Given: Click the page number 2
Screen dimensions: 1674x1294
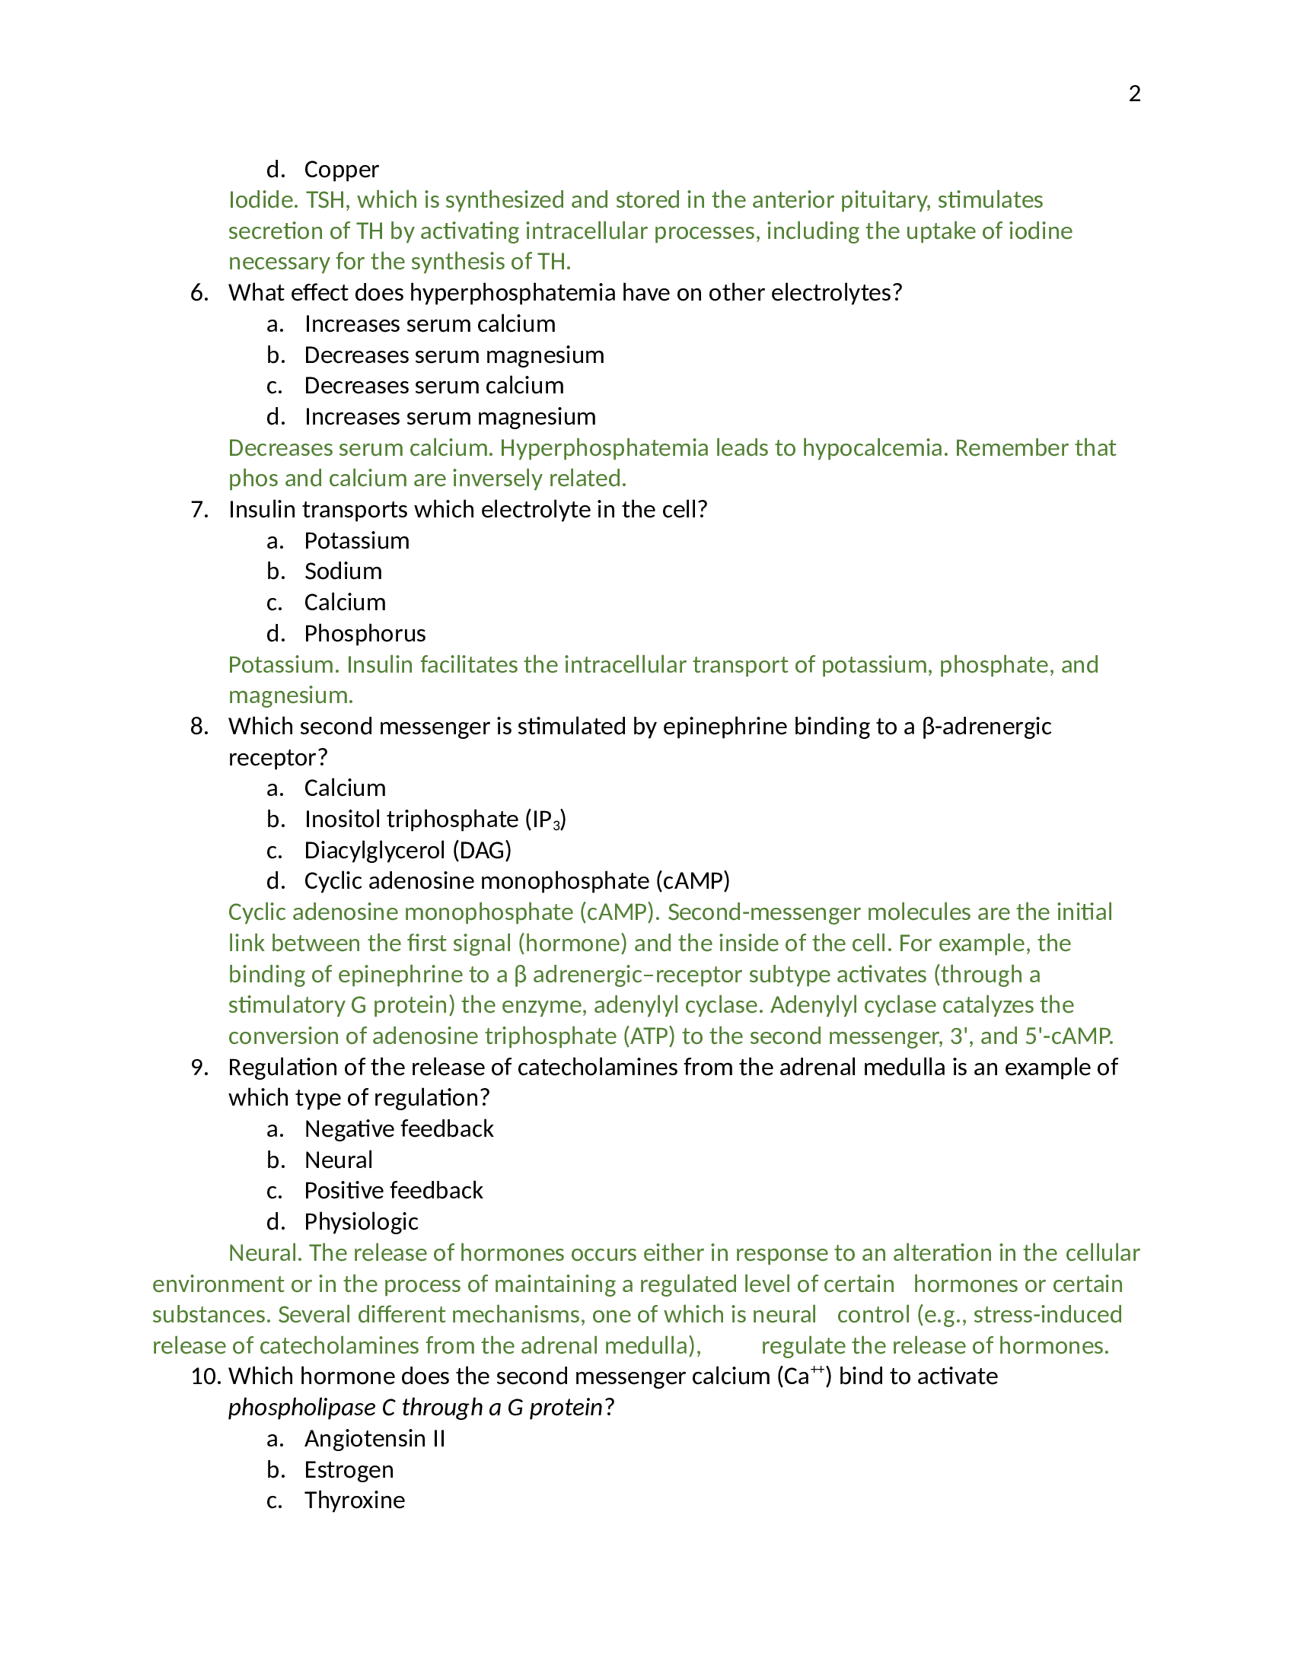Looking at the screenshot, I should [1135, 94].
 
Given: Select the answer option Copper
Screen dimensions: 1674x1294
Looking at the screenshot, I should [341, 170].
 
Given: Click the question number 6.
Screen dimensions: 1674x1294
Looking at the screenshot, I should [199, 293].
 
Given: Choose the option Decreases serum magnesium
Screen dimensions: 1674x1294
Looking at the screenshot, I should [454, 355].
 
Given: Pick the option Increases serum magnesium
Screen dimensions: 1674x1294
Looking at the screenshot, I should [450, 417].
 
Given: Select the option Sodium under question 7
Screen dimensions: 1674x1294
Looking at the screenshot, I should [343, 571].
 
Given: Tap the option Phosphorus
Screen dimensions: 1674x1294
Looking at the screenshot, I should [365, 634].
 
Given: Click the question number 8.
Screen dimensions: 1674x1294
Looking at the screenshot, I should [199, 727].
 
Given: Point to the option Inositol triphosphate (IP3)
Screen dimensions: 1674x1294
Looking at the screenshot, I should [435, 819].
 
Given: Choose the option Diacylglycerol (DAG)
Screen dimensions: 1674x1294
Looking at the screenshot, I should [407, 851].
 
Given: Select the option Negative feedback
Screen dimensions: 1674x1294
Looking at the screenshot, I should [399, 1129].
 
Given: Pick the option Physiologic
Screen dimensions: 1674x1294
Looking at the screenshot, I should [361, 1222].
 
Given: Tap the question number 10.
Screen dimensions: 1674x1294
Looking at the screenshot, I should [206, 1376].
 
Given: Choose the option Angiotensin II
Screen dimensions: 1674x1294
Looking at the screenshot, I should [374, 1439].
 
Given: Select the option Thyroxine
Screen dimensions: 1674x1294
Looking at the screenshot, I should [354, 1500].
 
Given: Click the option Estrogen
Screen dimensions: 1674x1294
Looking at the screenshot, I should [349, 1470].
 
